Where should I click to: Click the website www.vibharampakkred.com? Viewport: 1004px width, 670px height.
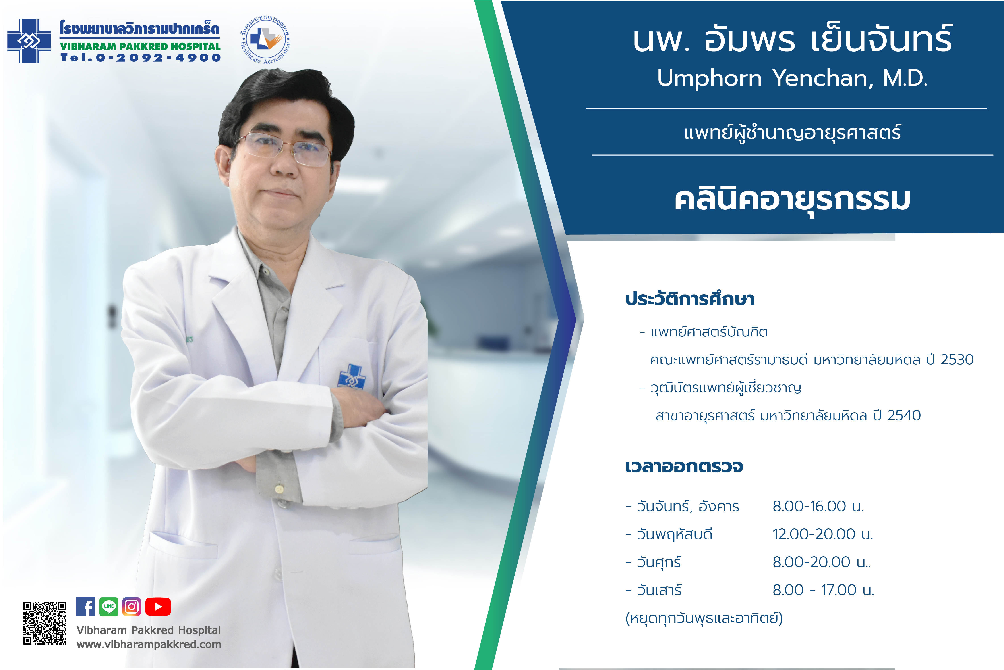(x=149, y=644)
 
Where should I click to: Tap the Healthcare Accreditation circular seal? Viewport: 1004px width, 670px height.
(x=265, y=40)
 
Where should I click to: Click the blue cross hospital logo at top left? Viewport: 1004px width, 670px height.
(x=29, y=41)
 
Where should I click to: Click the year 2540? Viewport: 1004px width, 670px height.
(x=904, y=415)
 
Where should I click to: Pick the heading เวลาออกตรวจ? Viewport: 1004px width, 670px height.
(x=684, y=467)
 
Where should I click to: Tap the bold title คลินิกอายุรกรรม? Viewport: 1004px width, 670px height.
(x=792, y=200)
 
